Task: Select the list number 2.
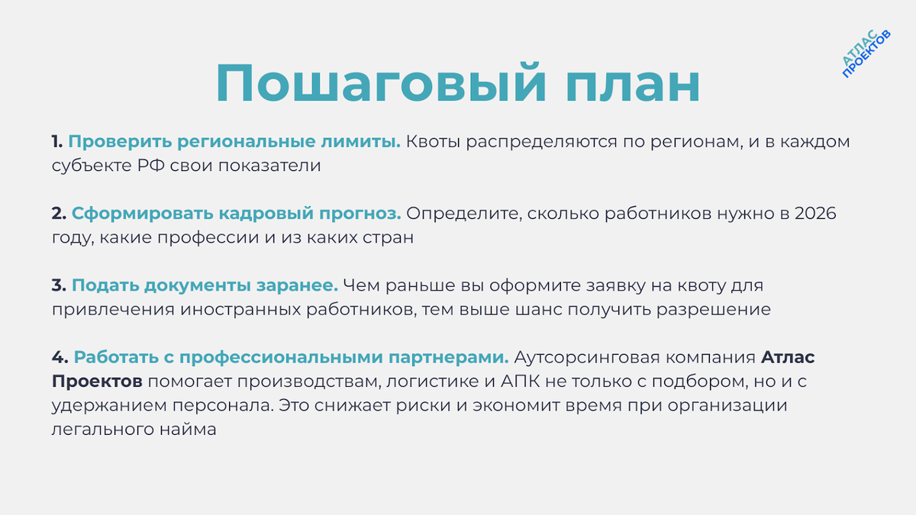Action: [x=59, y=214]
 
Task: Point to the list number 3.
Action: [x=59, y=286]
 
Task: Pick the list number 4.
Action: [x=60, y=358]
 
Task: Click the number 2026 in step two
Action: [x=815, y=214]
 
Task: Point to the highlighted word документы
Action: [x=192, y=286]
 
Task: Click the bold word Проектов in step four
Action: [x=97, y=381]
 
